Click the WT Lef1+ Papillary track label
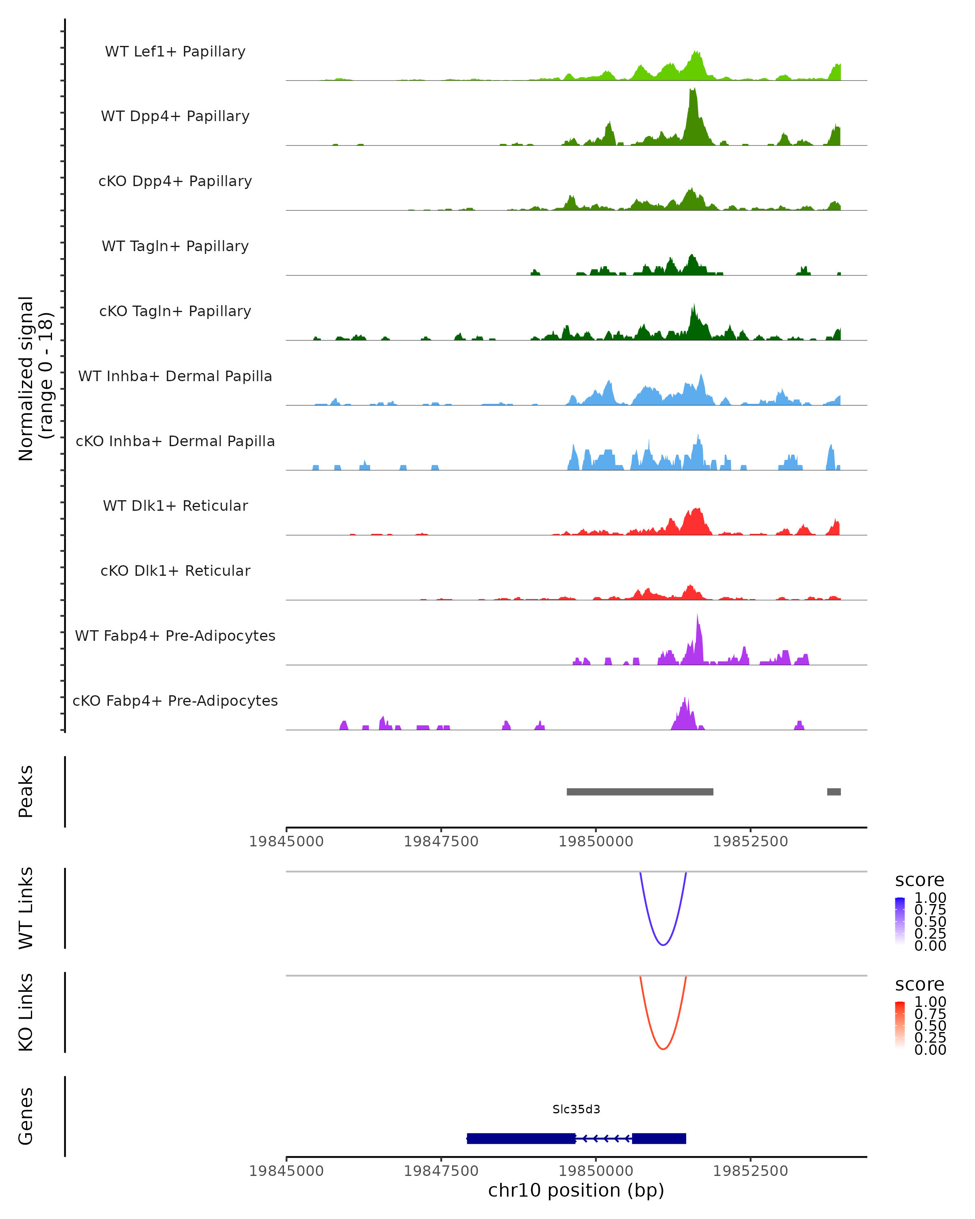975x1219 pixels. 175,52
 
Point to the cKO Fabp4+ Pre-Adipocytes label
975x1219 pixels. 175,701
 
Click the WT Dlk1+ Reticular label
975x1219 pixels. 175,505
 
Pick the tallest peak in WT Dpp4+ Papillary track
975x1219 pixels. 693,89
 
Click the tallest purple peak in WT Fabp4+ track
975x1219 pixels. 698,615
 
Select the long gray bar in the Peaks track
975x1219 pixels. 640,792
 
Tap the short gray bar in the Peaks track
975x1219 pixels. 834,792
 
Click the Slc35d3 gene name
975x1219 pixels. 576,1109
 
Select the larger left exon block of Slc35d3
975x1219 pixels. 521,1139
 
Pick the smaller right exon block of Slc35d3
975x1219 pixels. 659,1139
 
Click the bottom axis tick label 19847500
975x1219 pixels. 441,1171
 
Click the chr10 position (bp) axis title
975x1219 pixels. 576,1191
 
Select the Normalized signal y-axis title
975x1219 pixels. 36,378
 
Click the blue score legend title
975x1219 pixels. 920,881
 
